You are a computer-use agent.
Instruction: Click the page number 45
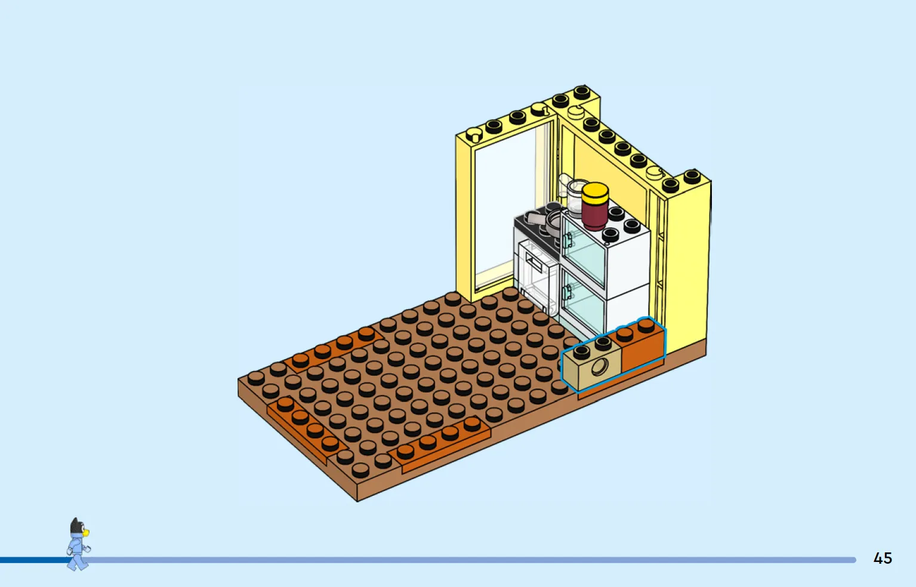click(883, 558)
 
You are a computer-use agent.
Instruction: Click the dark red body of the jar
click(595, 215)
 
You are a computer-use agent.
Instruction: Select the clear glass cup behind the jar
click(576, 196)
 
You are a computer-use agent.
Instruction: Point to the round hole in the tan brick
click(600, 367)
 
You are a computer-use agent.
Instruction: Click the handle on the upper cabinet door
click(568, 240)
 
